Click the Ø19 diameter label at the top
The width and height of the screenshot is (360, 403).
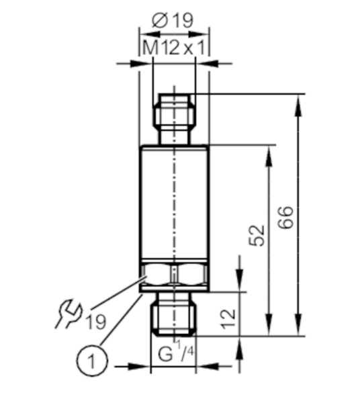(172, 21)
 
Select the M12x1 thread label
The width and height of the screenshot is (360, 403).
(174, 48)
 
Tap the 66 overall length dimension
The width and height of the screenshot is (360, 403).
(285, 217)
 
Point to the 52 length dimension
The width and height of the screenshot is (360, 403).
(257, 236)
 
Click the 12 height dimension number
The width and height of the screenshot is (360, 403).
(228, 319)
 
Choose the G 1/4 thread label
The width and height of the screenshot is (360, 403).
(176, 351)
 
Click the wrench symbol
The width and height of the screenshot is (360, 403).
(69, 314)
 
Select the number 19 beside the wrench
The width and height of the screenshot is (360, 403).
(95, 322)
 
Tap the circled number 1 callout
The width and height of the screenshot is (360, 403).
(92, 361)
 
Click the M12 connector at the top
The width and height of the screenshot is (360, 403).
(175, 119)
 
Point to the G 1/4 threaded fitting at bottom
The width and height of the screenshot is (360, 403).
(174, 314)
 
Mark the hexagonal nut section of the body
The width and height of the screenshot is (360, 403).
(174, 275)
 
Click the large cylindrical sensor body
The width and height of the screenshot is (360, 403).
(174, 201)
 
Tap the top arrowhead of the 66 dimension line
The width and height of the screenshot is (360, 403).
(298, 105)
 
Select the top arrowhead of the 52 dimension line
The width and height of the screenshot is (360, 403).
(269, 156)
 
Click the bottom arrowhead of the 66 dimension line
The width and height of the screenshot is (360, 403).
(298, 324)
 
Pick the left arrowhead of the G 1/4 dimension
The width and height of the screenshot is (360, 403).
(140, 367)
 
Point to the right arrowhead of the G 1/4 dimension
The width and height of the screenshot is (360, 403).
(208, 367)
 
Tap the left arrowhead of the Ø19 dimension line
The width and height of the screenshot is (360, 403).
(150, 34)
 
